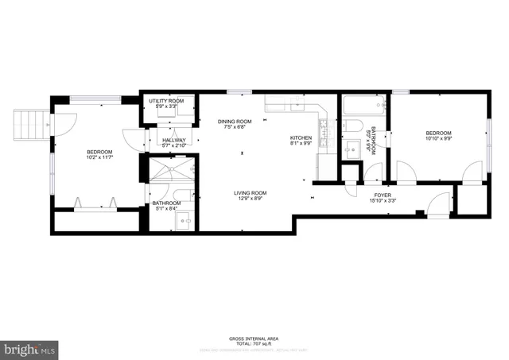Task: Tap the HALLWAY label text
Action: pyautogui.click(x=173, y=140)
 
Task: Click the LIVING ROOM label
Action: pyautogui.click(x=250, y=193)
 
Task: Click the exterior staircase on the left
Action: pyautogui.click(x=27, y=123)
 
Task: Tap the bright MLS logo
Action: pyautogui.click(x=29, y=348)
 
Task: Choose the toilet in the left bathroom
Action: pyautogui.click(x=182, y=195)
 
